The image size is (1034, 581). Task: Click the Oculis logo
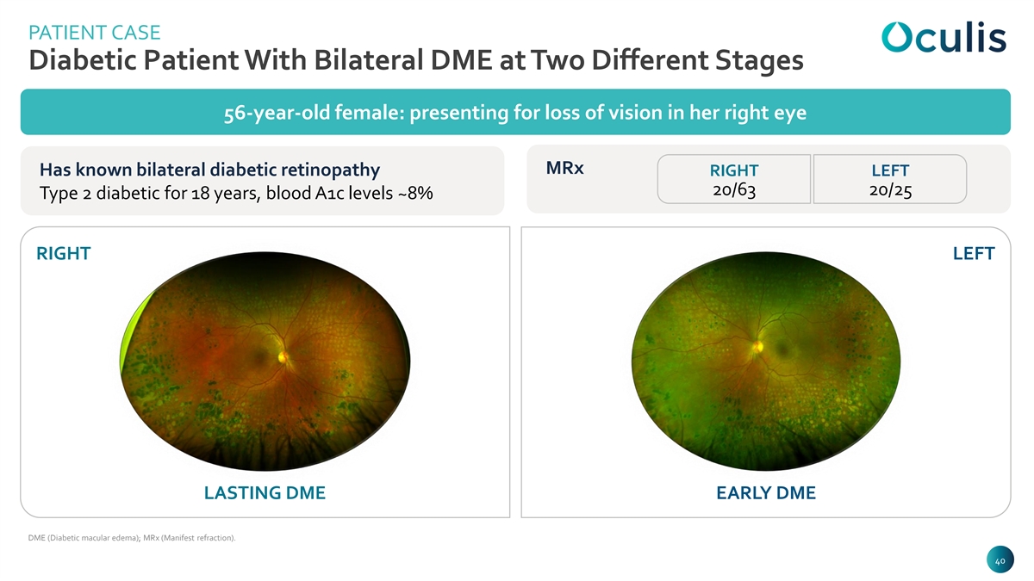pos(944,37)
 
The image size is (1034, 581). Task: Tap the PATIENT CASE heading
pos(95,33)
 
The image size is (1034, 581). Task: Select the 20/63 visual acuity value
pos(734,190)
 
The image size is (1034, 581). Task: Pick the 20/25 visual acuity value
pos(890,190)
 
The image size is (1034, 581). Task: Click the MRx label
pos(564,168)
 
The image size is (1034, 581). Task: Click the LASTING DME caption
pos(265,493)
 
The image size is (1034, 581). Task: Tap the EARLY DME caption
pos(766,493)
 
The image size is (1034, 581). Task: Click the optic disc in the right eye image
pos(283,356)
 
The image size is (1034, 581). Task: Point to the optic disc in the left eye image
pos(757,346)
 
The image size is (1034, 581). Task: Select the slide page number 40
pos(1000,561)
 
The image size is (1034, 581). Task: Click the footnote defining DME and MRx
pos(132,538)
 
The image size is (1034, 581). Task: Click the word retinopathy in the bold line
pos(331,170)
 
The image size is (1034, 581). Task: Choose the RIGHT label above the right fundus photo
pos(63,254)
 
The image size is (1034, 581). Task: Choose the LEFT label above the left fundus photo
pos(974,254)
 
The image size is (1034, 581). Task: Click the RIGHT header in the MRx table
pos(734,170)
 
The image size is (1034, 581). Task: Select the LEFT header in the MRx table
pos(890,170)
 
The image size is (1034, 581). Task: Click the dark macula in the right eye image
pos(259,355)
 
